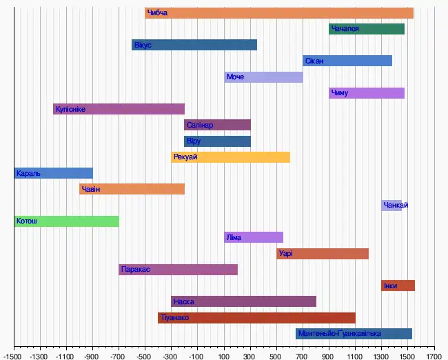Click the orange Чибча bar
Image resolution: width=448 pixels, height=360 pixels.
pos(279,13)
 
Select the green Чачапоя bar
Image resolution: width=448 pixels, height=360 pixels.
pos(367,29)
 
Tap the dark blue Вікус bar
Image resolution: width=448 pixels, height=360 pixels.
pos(194,45)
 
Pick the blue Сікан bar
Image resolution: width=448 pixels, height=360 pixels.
pos(347,61)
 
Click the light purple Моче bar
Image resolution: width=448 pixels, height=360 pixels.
pos(263,77)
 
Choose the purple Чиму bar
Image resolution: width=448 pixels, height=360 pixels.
pos(367,93)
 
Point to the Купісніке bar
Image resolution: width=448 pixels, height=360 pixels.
pos(119,109)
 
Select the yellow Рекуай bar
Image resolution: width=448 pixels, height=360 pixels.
pos(230,157)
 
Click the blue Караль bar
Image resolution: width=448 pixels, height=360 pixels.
pos(53,173)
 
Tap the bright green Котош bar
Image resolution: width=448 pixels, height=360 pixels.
pos(66,221)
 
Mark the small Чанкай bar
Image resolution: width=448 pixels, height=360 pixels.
pos(391,206)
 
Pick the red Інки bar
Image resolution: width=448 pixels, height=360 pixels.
pos(398,286)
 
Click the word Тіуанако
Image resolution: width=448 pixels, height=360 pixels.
pos(175,318)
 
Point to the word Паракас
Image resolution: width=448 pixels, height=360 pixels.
pos(135,270)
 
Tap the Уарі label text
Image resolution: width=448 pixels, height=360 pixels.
pos(286,254)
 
